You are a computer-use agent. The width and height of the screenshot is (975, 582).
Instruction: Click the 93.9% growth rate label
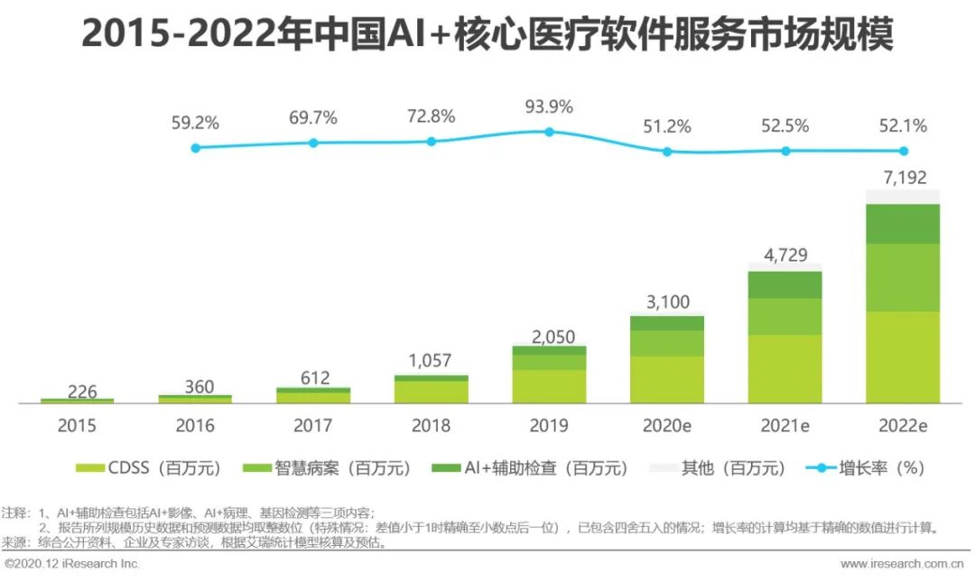[549, 106]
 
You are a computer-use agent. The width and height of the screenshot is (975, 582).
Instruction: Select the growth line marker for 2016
[195, 147]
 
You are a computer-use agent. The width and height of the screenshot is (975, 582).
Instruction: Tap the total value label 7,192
[903, 178]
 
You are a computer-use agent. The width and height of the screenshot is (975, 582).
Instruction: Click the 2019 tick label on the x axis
[549, 425]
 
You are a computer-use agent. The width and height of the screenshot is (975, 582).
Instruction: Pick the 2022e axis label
[903, 425]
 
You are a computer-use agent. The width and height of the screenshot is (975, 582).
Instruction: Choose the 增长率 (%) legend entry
[867, 468]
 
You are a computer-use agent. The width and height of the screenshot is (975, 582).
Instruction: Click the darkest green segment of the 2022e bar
[903, 224]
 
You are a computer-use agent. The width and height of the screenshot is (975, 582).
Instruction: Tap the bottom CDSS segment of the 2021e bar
[785, 368]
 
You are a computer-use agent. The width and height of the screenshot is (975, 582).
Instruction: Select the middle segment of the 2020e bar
[667, 343]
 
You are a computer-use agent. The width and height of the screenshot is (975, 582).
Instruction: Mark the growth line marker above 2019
[549, 132]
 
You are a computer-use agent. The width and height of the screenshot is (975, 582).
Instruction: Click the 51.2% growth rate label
[667, 126]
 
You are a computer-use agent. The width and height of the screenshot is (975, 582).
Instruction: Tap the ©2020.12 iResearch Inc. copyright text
[72, 564]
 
